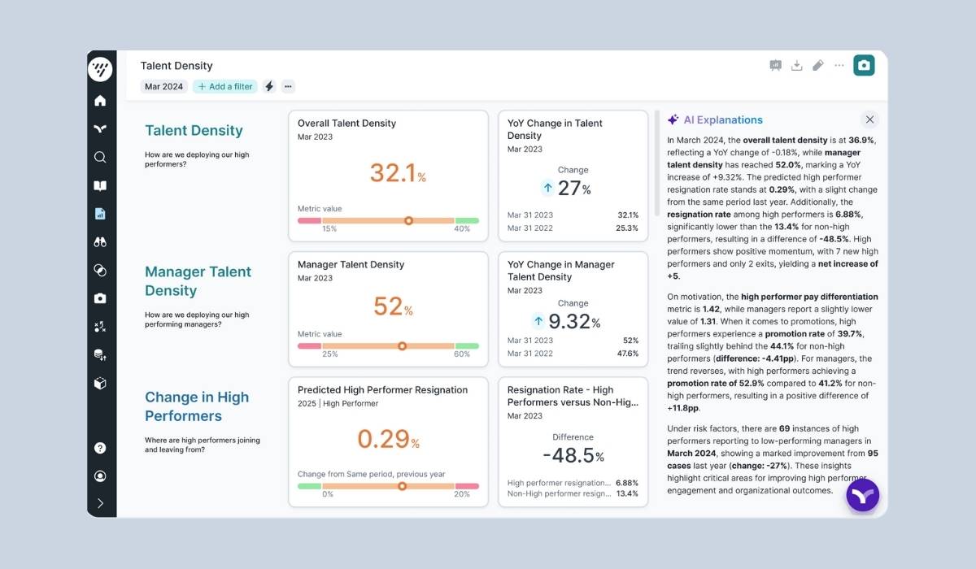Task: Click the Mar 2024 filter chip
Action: coord(163,86)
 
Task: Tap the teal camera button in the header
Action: coord(864,65)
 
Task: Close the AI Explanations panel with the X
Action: coord(869,119)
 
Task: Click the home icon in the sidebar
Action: coord(100,101)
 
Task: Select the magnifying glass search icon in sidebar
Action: coord(100,157)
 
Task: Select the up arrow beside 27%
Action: coord(547,188)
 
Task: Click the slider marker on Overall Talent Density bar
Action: coord(408,220)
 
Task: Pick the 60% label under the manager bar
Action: coord(461,354)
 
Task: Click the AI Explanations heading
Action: coord(722,119)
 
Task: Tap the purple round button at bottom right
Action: coord(862,495)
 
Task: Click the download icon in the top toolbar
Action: coord(797,65)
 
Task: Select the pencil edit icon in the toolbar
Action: coord(818,65)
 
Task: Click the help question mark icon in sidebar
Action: coord(100,448)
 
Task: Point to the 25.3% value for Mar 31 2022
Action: coord(626,228)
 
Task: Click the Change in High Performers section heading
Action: coord(197,406)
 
